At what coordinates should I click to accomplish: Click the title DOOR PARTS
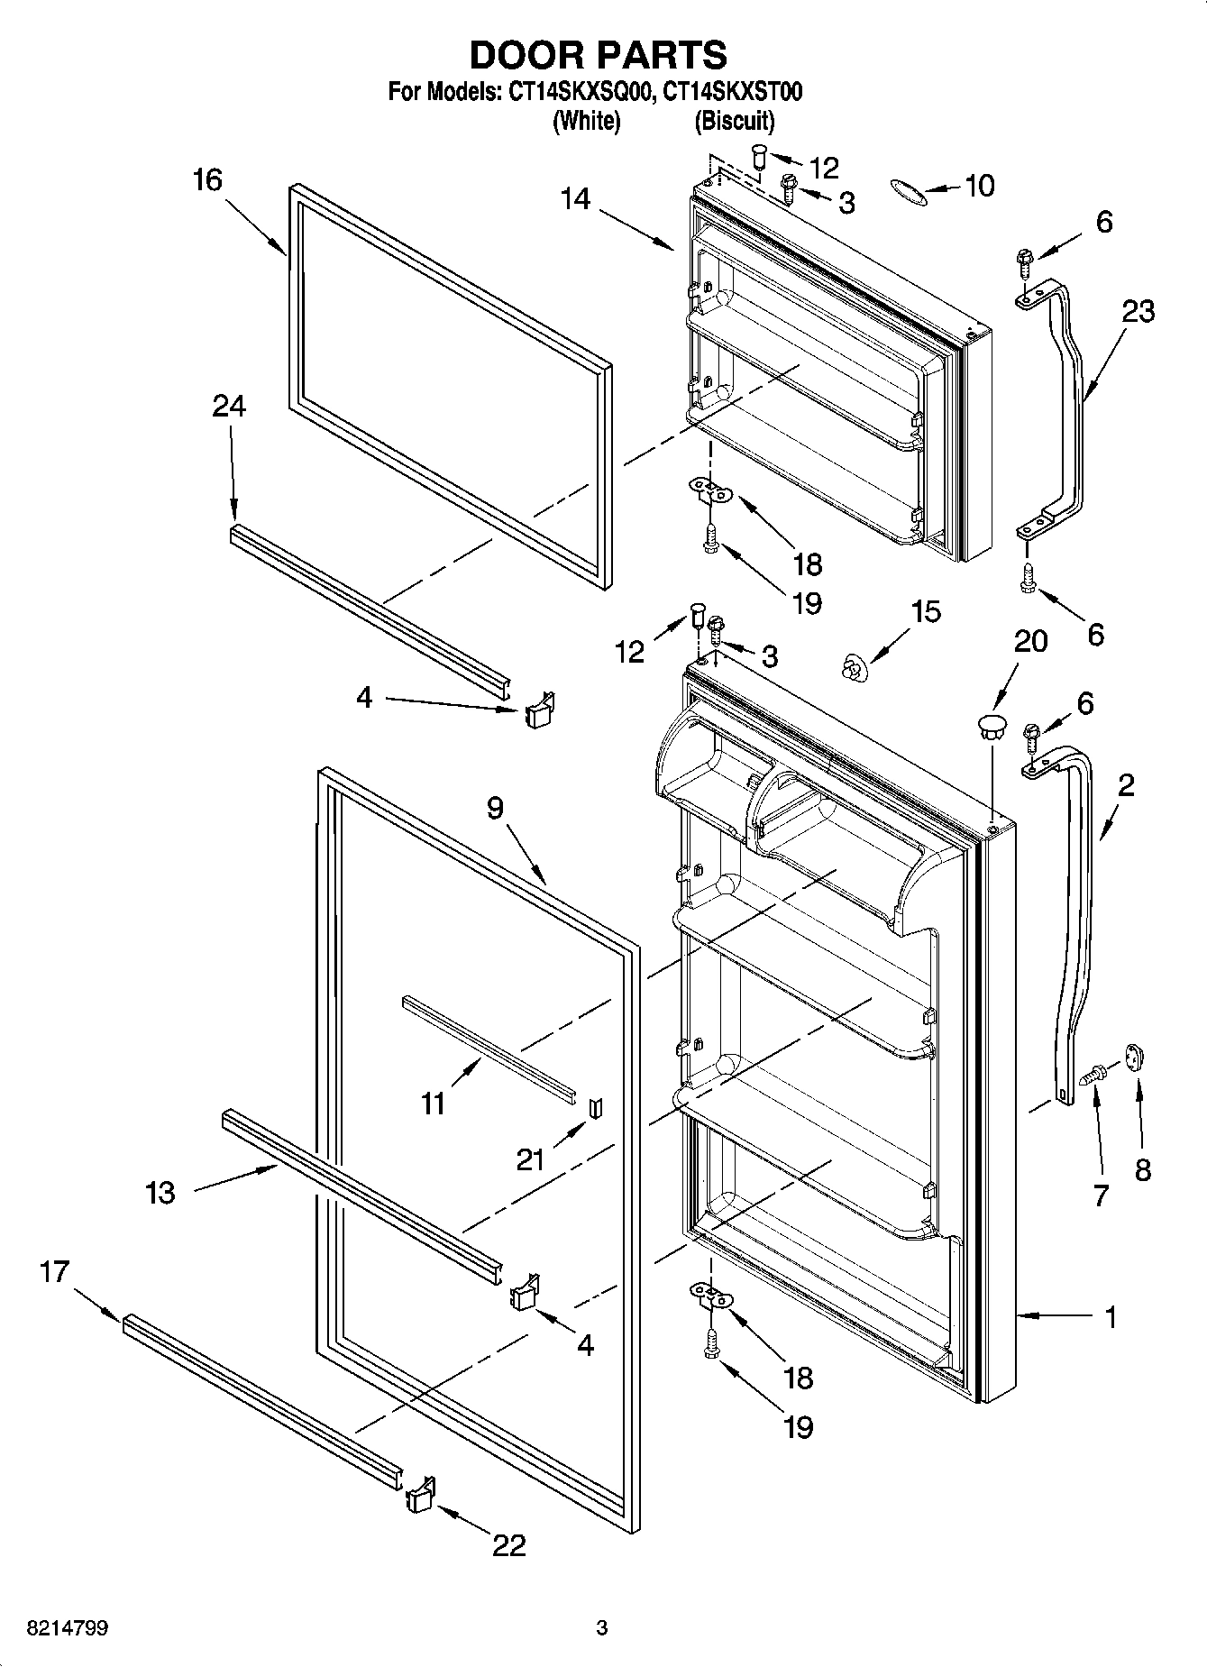click(x=599, y=56)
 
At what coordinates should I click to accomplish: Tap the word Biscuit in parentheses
click(x=735, y=121)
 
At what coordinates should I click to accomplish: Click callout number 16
click(x=207, y=180)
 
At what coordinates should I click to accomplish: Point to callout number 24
click(x=229, y=407)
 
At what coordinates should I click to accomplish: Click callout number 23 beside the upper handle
click(x=1138, y=311)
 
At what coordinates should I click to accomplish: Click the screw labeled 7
click(x=1095, y=1072)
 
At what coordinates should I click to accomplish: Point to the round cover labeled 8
click(x=1134, y=1058)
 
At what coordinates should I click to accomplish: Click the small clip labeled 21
click(x=594, y=1107)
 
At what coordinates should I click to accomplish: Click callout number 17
click(x=54, y=1271)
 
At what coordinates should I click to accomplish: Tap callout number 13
click(x=160, y=1193)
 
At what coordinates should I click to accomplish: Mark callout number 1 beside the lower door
click(x=1111, y=1317)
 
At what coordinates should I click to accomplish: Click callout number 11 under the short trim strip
click(x=434, y=1103)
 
